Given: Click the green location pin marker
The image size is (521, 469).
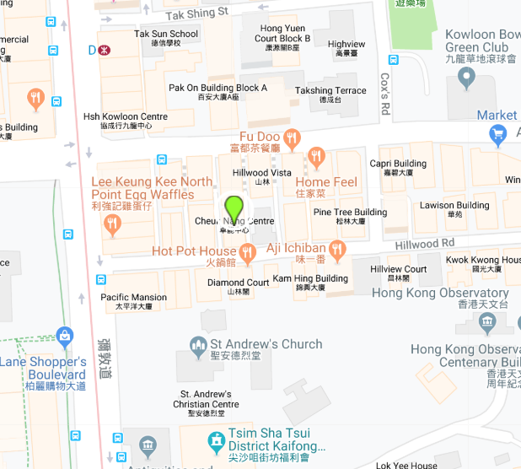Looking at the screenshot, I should (x=234, y=207).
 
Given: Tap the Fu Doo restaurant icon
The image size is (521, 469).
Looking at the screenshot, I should (x=291, y=137).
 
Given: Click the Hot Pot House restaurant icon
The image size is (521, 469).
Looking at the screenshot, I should (x=247, y=251).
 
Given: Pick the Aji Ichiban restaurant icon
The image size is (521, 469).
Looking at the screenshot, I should (x=337, y=248).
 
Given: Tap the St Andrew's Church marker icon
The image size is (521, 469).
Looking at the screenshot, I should (x=198, y=344).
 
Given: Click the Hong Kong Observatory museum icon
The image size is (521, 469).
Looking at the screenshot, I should (x=486, y=321).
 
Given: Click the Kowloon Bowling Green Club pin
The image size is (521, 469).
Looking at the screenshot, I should (x=466, y=78).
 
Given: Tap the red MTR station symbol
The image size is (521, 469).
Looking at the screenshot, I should (x=105, y=50).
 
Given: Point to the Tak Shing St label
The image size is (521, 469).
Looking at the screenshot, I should (x=197, y=13).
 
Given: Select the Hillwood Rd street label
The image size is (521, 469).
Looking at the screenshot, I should (x=424, y=243).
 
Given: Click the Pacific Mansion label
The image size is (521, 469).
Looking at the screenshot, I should (x=134, y=297).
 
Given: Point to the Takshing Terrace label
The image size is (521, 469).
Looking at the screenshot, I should (x=330, y=90).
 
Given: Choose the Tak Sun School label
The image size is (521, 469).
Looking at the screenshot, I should (x=166, y=34).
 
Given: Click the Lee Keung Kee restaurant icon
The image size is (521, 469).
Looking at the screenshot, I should (x=112, y=224).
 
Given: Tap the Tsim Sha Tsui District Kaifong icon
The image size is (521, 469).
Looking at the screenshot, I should (x=217, y=440).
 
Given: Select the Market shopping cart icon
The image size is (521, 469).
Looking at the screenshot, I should (x=498, y=132).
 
